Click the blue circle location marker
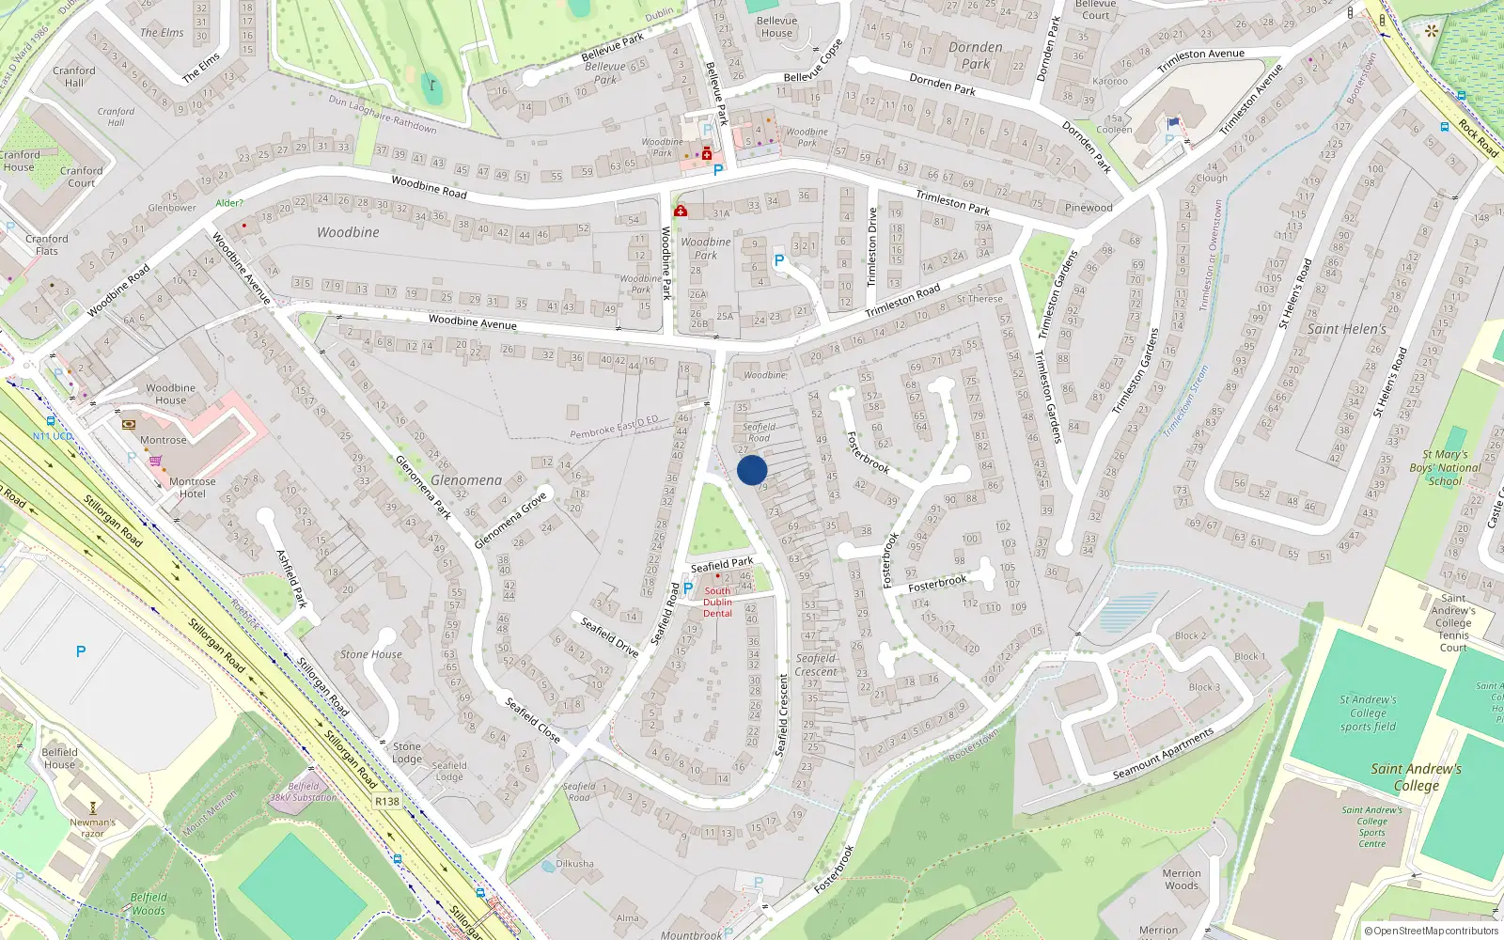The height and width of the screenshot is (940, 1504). click(752, 470)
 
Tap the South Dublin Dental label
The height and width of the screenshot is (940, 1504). click(717, 602)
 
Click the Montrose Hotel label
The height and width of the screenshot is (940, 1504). click(193, 488)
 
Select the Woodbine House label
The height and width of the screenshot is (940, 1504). click(170, 394)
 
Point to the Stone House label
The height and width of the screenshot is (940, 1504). click(371, 654)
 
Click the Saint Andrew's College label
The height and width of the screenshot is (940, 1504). click(1416, 776)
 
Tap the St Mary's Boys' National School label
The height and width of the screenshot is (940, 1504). click(1445, 467)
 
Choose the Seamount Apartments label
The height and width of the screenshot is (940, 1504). click(1164, 754)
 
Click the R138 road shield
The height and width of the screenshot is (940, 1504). click(386, 802)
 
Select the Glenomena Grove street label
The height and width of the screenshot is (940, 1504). click(510, 521)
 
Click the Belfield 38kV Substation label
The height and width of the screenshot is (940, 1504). click(304, 791)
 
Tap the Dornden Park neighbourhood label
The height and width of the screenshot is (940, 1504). click(976, 55)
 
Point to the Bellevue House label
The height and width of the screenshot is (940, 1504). click(776, 26)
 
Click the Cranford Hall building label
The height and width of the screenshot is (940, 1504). click(74, 76)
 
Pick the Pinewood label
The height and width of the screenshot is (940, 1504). click(1089, 208)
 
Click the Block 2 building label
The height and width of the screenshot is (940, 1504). click(1189, 635)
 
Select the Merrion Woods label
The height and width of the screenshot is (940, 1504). click(1182, 879)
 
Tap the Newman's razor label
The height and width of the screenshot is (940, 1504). click(92, 827)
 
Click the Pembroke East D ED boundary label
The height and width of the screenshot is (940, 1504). click(614, 427)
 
